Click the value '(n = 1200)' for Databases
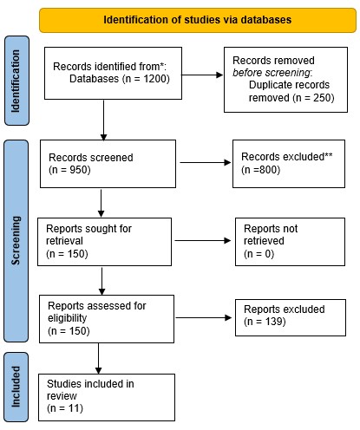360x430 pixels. [x=138, y=79]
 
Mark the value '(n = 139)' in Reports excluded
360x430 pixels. [x=271, y=322]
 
